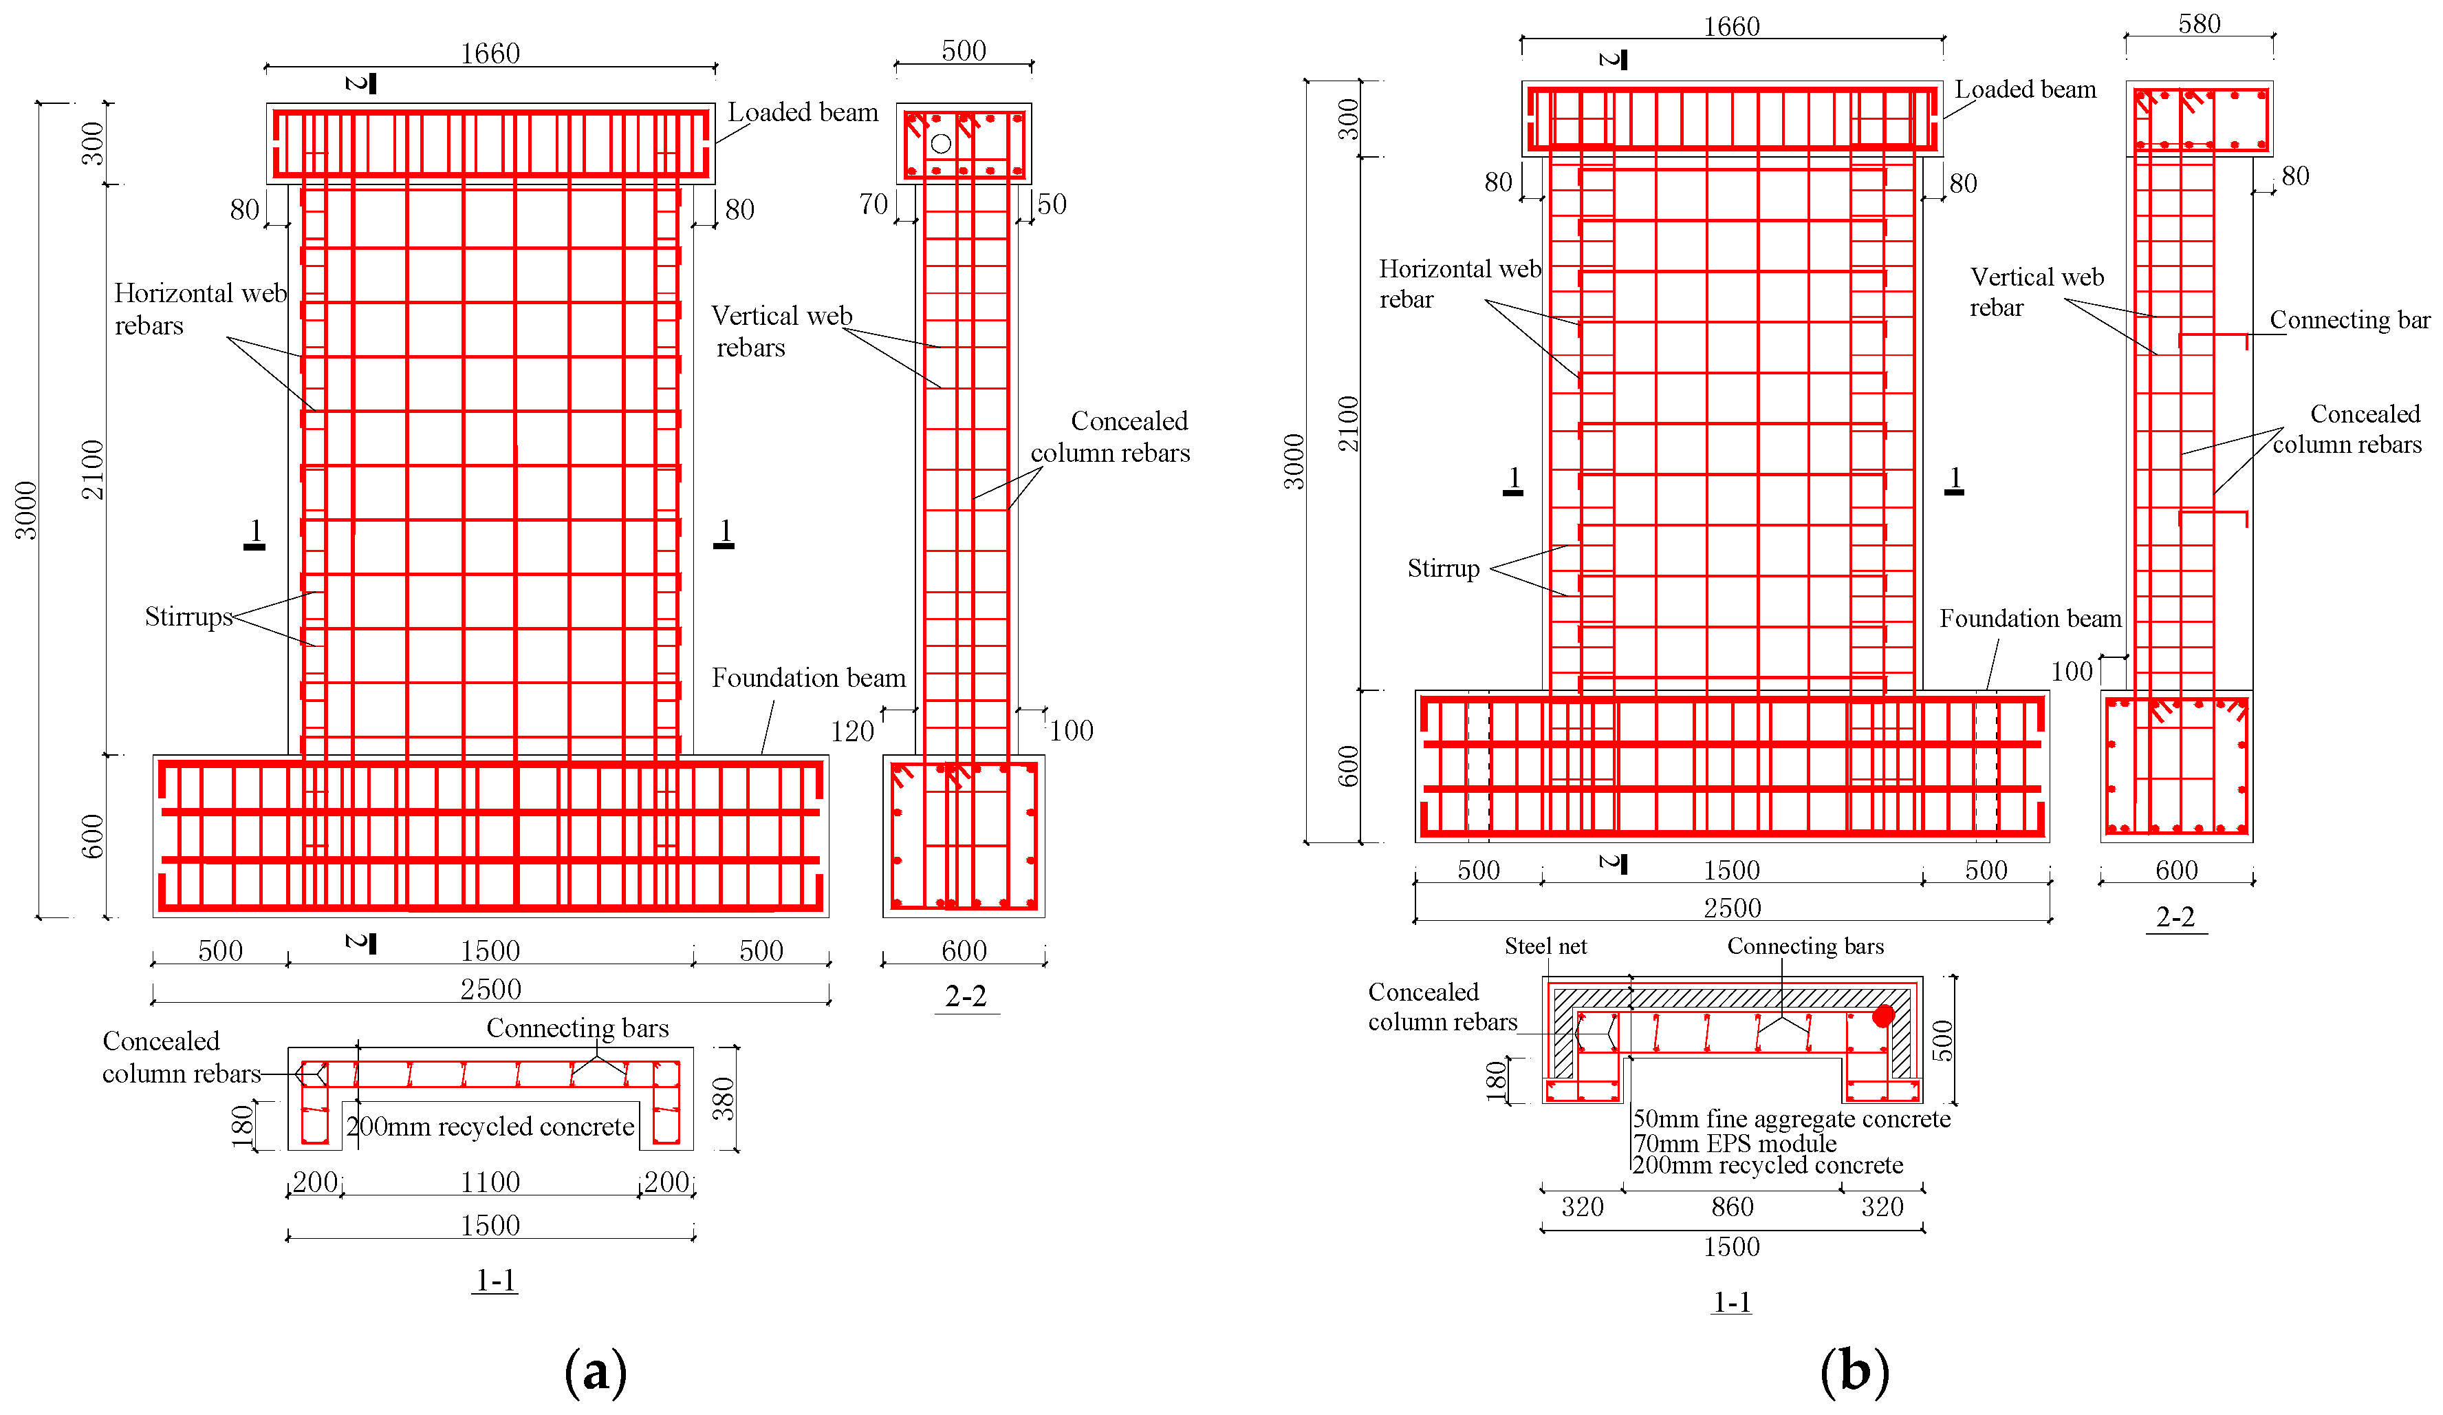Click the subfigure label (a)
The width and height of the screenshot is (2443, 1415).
point(595,1372)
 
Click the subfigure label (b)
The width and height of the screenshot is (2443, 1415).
point(1853,1372)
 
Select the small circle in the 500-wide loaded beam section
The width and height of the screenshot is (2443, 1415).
point(940,144)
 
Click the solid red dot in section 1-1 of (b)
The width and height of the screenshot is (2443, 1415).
point(1882,1015)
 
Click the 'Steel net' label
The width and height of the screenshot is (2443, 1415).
point(1545,946)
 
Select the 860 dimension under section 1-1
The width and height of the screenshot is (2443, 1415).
point(1731,1206)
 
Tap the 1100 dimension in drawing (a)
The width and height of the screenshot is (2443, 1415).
point(490,1181)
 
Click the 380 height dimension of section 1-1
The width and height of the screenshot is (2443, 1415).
point(724,1099)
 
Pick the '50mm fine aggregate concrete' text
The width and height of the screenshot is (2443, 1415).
point(1790,1118)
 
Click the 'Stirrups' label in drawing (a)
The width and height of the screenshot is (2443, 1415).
point(188,617)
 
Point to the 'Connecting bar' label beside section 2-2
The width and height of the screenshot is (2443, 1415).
point(2349,319)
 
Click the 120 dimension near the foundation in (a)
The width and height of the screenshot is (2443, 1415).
point(851,732)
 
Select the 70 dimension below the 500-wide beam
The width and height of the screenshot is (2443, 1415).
point(873,204)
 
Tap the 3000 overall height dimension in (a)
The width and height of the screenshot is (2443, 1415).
point(25,510)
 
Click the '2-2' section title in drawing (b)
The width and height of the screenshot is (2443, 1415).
point(2175,917)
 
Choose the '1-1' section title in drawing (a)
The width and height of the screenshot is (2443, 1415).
point(495,1280)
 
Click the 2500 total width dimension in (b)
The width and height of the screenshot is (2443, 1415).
point(1731,908)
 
